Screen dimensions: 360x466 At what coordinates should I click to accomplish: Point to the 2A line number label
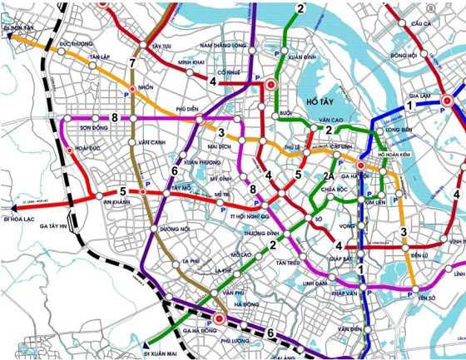coord(330,175)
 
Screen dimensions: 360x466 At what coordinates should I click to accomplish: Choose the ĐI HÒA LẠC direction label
coord(19,219)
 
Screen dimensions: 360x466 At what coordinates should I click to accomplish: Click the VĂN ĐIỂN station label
coord(349,330)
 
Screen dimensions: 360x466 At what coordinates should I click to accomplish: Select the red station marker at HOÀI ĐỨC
coord(69,150)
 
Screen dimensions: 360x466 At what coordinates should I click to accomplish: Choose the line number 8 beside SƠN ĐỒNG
coord(114,119)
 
